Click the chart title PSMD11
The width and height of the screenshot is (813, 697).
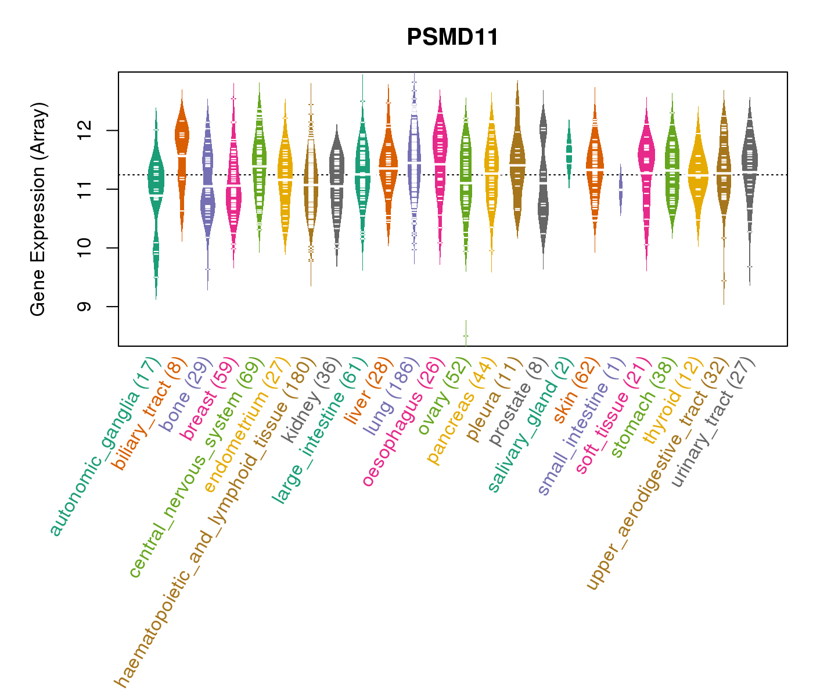click(452, 38)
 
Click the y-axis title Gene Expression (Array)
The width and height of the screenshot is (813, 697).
click(38, 209)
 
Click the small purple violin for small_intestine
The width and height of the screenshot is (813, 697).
click(620, 191)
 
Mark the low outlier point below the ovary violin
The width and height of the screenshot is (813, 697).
click(466, 336)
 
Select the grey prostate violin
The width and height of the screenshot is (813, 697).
click(543, 180)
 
